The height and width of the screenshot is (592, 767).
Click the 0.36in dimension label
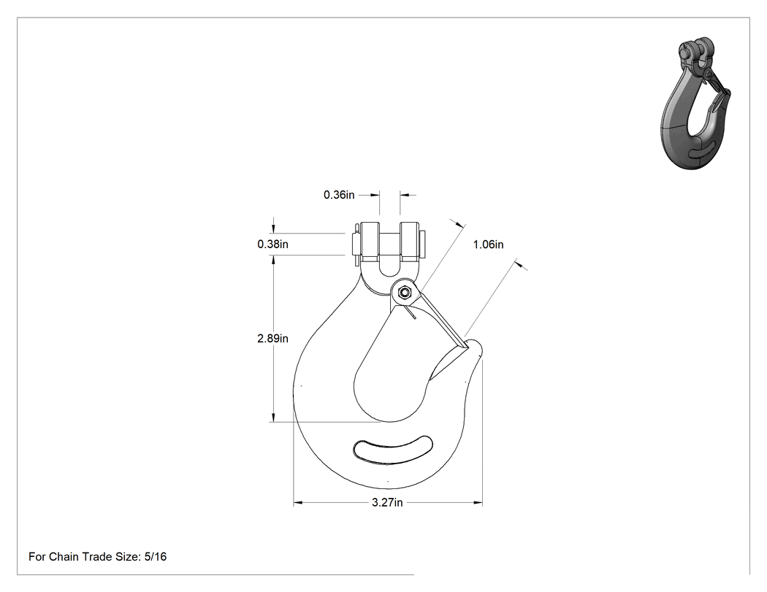coord(339,195)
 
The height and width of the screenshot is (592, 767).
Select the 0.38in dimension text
coord(272,244)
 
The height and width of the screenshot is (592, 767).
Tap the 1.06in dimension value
coord(488,245)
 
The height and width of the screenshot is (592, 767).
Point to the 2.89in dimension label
coord(272,338)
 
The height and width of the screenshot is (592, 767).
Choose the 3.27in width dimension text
coord(387,502)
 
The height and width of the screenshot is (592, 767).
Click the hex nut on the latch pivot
coord(404,293)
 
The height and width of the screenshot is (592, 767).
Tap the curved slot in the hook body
coord(393,449)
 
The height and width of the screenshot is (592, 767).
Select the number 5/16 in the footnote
coord(156,556)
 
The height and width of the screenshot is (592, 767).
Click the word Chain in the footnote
coord(64,556)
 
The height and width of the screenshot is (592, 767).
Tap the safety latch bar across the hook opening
coord(440,318)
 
